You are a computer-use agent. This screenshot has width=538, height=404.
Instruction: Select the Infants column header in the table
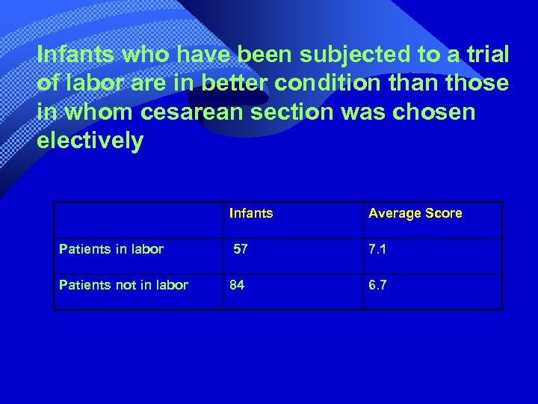pyautogui.click(x=251, y=213)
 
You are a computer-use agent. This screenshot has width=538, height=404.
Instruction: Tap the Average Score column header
pyautogui.click(x=415, y=213)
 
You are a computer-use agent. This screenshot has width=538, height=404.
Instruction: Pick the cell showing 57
pyautogui.click(x=241, y=249)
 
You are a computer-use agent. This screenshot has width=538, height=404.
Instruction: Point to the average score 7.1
pyautogui.click(x=377, y=249)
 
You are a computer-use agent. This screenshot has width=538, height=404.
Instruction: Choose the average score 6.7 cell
pyautogui.click(x=377, y=285)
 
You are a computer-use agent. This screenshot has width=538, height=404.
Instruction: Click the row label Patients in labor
pyautogui.click(x=111, y=249)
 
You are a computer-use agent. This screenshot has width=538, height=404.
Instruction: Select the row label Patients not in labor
pyautogui.click(x=123, y=285)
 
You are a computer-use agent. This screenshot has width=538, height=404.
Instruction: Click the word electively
pyautogui.click(x=90, y=141)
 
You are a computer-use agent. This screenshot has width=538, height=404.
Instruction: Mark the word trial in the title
pyautogui.click(x=485, y=55)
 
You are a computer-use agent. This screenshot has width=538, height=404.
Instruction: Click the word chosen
pyautogui.click(x=436, y=112)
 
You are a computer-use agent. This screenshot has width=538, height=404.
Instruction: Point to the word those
pyautogui.click(x=475, y=83)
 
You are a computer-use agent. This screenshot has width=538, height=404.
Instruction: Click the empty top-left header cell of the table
pyautogui.click(x=138, y=220)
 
